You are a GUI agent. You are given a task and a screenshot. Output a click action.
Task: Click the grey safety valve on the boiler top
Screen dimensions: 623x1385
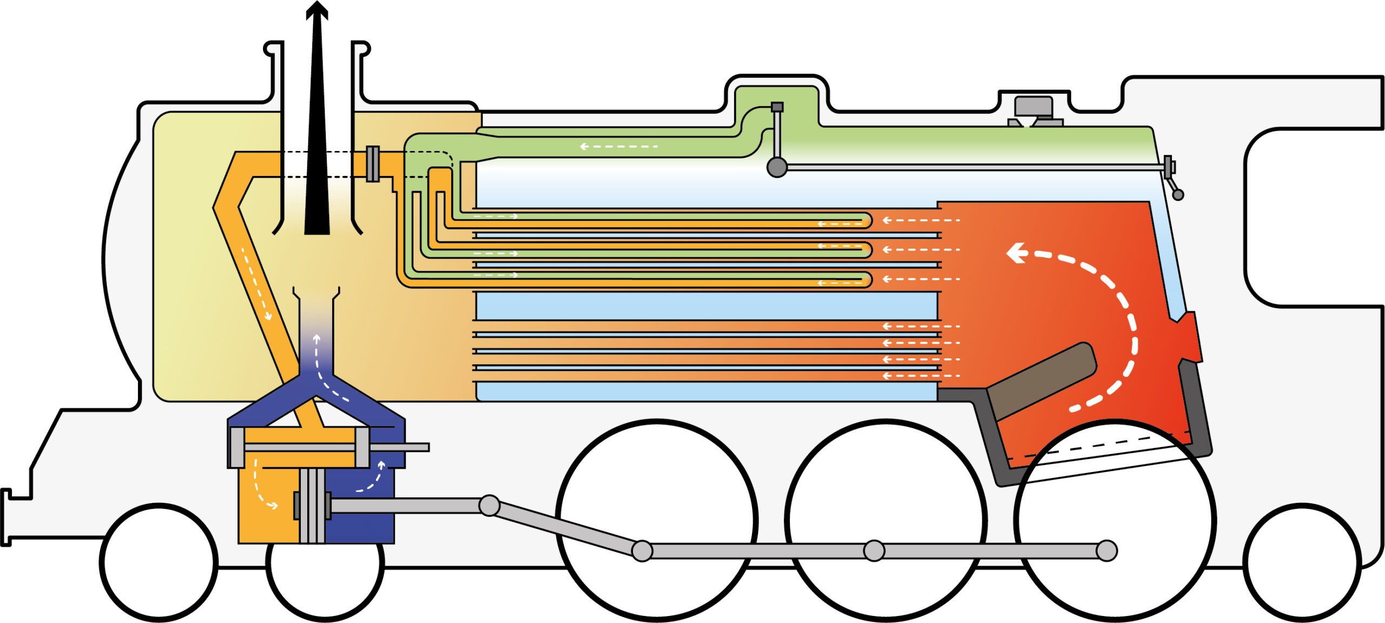[x=1034, y=111]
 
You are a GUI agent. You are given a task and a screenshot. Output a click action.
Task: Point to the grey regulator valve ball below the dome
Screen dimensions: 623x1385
[x=777, y=167]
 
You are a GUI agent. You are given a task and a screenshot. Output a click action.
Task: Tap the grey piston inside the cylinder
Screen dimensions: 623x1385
[x=312, y=506]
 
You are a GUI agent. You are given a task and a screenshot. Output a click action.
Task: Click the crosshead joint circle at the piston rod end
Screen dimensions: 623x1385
[x=489, y=506]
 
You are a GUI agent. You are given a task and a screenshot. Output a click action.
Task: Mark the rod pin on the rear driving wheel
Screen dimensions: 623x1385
[x=1106, y=551]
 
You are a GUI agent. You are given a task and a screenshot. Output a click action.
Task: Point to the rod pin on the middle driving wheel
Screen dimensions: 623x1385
[x=874, y=551]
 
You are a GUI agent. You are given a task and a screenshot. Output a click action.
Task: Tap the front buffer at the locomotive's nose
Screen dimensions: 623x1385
[x=6, y=517]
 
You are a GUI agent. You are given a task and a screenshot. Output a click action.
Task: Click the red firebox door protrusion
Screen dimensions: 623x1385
[x=1190, y=338]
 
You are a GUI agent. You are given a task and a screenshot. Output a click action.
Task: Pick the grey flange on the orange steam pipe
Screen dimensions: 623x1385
[x=372, y=163]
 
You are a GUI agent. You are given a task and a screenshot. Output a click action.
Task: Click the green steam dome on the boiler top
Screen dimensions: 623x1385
[x=776, y=97]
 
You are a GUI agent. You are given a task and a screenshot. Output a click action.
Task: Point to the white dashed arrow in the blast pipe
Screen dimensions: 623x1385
[x=325, y=368]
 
